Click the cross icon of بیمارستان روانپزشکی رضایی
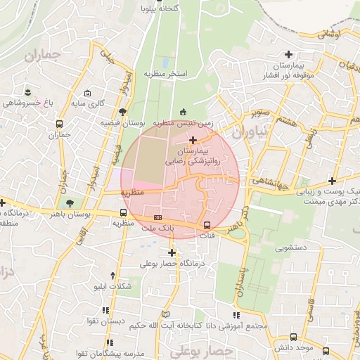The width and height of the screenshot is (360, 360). click(193, 140)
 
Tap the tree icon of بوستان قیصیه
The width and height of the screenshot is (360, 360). click(123, 111)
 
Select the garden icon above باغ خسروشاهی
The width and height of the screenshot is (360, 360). click(27, 92)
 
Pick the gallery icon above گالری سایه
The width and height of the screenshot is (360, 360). click(88, 93)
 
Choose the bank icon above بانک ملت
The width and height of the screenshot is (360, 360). click(157, 217)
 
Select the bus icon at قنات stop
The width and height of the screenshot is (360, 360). click(207, 226)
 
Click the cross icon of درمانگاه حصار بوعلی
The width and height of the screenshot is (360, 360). click(172, 252)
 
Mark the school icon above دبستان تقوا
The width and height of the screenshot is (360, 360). click(106, 309)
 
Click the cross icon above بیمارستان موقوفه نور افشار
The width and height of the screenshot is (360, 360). click(288, 54)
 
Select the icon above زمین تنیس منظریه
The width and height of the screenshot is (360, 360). click(184, 111)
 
